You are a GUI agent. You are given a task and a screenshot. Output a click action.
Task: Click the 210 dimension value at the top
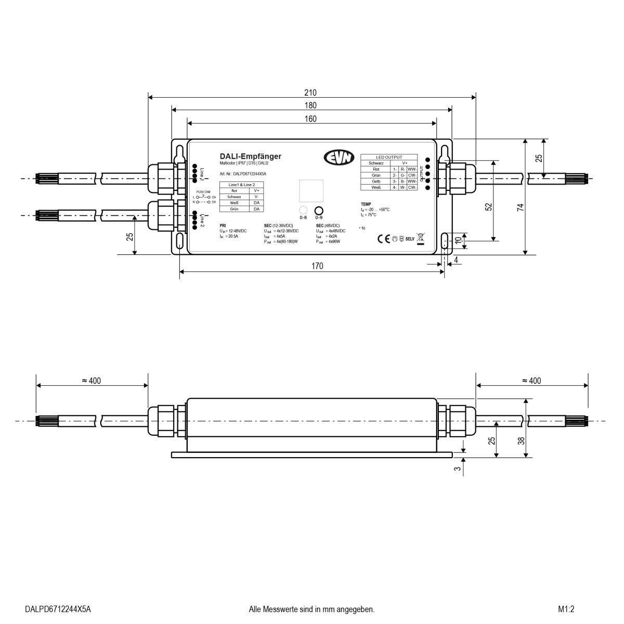(310, 93)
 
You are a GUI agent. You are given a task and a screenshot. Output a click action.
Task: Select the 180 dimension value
(310, 106)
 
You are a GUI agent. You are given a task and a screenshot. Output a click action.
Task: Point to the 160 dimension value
(310, 119)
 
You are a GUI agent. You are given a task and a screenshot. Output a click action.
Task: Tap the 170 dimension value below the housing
(317, 266)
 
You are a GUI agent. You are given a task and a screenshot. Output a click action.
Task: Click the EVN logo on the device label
(338, 157)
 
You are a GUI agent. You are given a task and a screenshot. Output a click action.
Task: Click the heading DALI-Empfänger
(251, 156)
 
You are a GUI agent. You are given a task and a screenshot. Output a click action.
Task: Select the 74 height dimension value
(521, 207)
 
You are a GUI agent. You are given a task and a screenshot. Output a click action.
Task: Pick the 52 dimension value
(488, 206)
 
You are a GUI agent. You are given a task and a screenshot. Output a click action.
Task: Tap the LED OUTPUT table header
(389, 157)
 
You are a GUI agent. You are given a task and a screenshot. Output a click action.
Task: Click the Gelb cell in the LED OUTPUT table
(376, 181)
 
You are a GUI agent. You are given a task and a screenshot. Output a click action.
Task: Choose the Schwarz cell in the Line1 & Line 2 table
(233, 197)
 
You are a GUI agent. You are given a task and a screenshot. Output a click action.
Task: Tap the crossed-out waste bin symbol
(421, 239)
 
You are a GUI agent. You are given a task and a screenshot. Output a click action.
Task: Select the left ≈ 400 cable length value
(92, 381)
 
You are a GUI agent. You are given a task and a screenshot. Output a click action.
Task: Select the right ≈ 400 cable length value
(531, 381)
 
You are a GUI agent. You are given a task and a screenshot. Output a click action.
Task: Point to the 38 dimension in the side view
(521, 440)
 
